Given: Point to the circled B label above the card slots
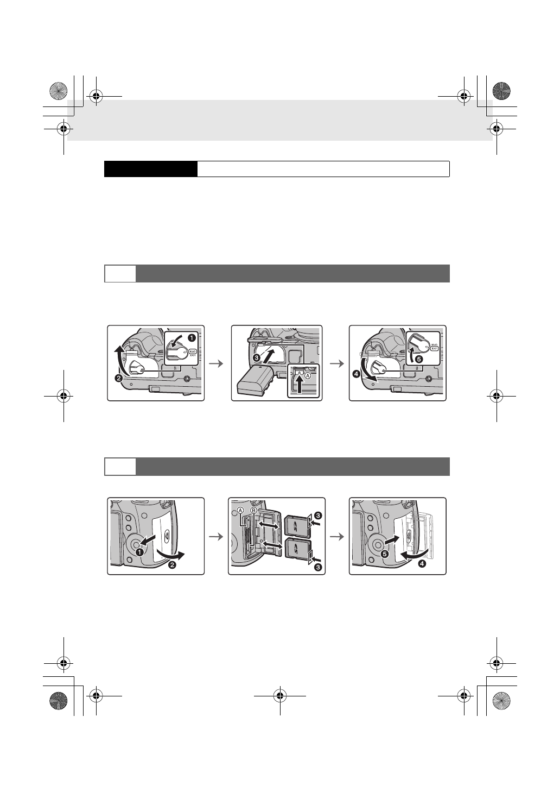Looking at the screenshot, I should (x=253, y=510).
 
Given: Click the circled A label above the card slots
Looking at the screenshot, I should (x=240, y=510).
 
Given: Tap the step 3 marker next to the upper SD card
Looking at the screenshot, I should (x=318, y=515).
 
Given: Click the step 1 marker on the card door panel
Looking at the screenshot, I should (x=139, y=551).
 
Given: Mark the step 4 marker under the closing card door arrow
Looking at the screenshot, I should (x=422, y=564).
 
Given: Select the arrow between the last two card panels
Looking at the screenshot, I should (x=338, y=536).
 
